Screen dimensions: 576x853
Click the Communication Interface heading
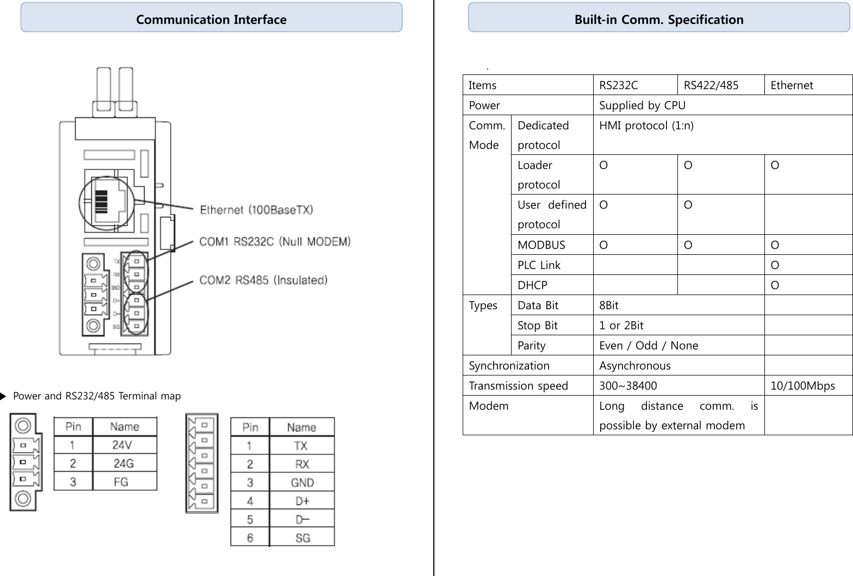[211, 20]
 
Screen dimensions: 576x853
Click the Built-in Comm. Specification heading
[658, 20]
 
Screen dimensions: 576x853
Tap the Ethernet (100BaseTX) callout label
[256, 210]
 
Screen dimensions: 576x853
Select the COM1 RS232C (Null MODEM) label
[275, 241]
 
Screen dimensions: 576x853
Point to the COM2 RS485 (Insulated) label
[263, 280]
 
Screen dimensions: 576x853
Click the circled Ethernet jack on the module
[106, 203]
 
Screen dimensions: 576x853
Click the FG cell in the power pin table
[121, 482]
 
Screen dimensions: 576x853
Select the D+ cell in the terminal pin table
[302, 501]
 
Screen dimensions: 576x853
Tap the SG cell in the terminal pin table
[302, 538]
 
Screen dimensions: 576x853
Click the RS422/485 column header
[711, 85]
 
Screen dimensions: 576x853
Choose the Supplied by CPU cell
[642, 105]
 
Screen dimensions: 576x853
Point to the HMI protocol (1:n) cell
[646, 126]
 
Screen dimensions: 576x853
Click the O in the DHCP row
[775, 285]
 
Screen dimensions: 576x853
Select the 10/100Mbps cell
[802, 386]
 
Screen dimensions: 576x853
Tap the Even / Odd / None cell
[648, 346]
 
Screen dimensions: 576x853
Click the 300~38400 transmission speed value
[628, 386]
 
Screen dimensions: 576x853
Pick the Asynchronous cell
[634, 366]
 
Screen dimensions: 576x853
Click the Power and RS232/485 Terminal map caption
[97, 396]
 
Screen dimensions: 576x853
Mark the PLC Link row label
[539, 265]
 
